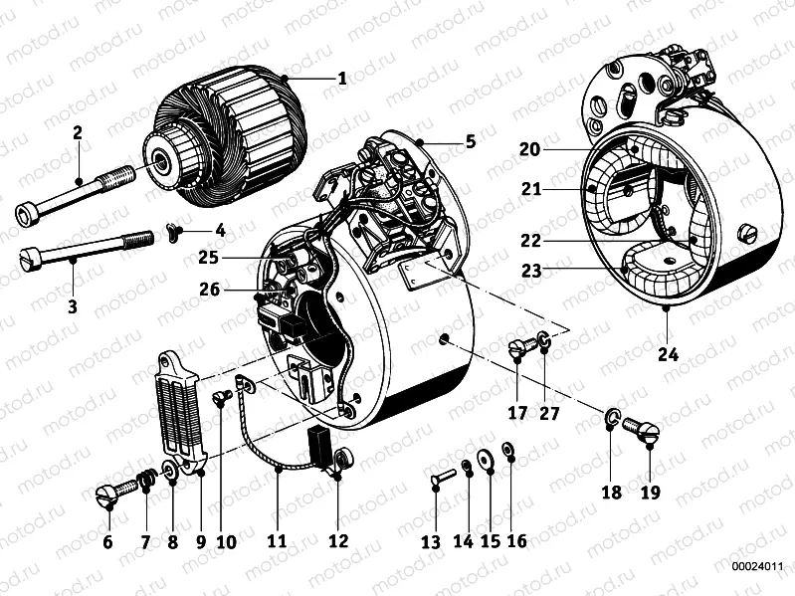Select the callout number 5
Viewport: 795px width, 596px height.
click(x=470, y=141)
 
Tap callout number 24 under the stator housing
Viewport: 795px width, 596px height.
click(x=666, y=351)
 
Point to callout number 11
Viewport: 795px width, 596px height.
click(x=277, y=541)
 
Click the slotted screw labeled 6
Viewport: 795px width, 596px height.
click(x=109, y=491)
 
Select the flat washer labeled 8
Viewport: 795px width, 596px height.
click(x=170, y=468)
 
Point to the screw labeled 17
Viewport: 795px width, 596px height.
click(x=517, y=348)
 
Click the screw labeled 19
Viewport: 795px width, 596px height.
click(x=638, y=428)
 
